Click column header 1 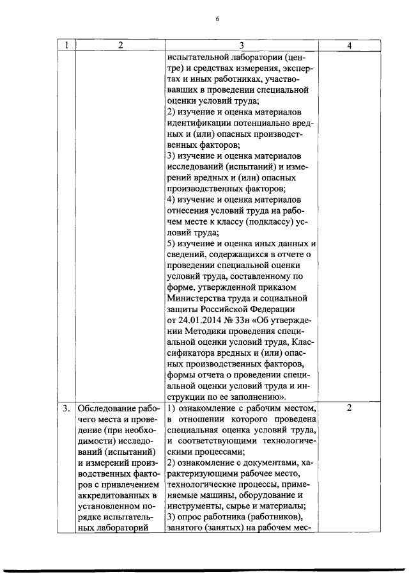point(66,45)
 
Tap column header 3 point(241,45)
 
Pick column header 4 point(349,45)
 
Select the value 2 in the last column point(349,408)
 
